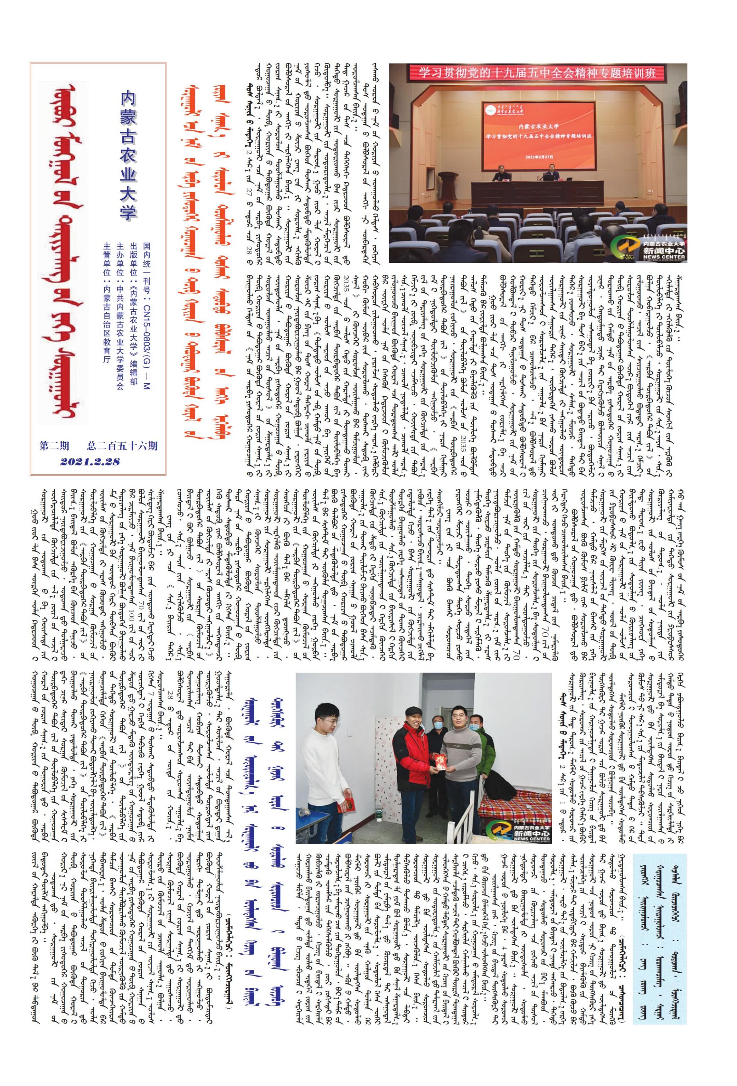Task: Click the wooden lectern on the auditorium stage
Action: [x=447, y=181]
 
